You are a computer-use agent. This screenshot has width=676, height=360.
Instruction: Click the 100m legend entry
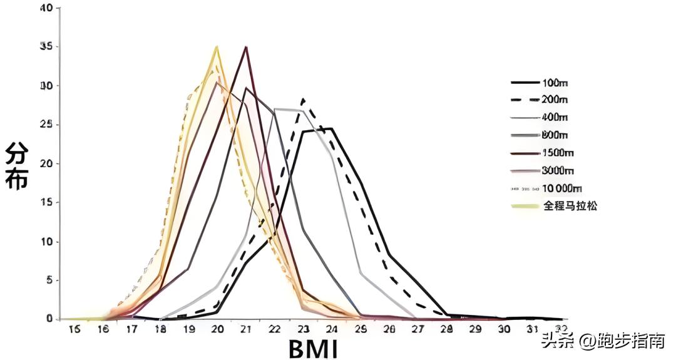(x=555, y=83)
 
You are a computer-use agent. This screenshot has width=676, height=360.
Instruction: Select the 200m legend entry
(x=555, y=100)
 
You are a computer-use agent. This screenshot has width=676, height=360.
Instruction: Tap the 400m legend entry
(x=555, y=117)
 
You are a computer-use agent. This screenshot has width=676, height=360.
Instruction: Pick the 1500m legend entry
(x=556, y=153)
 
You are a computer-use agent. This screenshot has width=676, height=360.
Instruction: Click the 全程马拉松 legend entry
(x=570, y=205)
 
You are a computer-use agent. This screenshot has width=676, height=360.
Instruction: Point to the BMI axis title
(x=313, y=348)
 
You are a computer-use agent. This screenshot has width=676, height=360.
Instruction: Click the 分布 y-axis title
(x=17, y=165)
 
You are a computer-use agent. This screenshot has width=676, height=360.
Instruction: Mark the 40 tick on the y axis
(x=45, y=8)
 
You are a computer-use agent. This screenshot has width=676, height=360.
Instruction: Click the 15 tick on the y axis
(x=45, y=203)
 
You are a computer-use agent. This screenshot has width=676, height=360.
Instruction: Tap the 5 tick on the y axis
(x=48, y=280)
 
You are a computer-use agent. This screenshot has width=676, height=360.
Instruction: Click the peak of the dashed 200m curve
(x=304, y=98)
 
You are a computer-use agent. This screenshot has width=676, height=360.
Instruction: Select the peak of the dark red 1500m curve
(x=247, y=47)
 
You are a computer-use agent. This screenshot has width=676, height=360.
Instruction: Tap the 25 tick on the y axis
(x=45, y=125)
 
